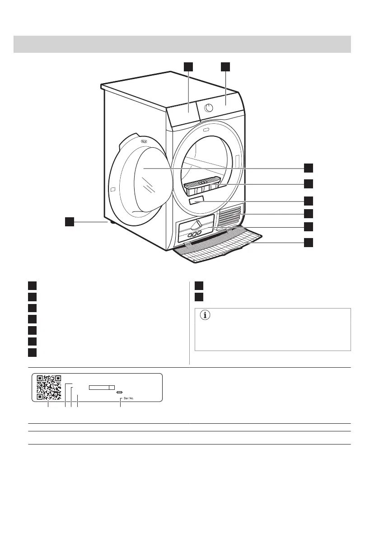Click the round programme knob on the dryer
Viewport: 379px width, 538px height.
(210, 108)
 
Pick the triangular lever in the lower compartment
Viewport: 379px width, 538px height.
(197, 225)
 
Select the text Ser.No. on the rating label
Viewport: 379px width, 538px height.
(129, 399)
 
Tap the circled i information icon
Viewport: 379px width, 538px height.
(206, 316)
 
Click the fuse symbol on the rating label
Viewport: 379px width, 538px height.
(119, 392)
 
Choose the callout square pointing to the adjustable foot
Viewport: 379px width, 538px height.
(69, 221)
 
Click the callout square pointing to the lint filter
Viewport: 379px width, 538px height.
(308, 184)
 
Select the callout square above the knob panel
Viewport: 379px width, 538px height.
(225, 67)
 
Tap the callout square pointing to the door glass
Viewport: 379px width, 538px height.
(308, 168)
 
